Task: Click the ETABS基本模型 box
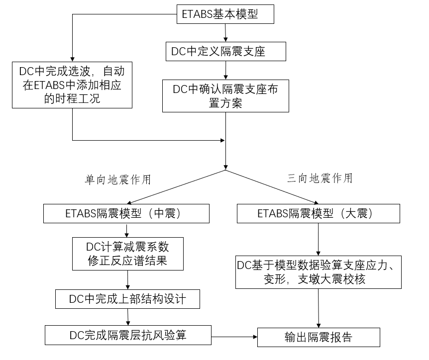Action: [225, 14]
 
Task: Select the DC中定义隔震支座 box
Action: [226, 51]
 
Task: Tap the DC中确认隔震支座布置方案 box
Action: [226, 96]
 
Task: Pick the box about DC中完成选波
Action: [72, 85]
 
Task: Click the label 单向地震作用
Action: [117, 180]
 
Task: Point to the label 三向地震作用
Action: [320, 179]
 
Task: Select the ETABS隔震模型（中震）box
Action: [126, 214]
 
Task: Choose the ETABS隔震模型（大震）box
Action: [318, 214]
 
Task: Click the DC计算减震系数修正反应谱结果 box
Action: [128, 253]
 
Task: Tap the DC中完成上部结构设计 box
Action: [127, 299]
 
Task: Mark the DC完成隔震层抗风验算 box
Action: [128, 335]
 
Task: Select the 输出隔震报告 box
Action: [319, 337]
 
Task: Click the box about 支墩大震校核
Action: [318, 272]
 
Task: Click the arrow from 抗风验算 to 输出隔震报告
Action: [234, 336]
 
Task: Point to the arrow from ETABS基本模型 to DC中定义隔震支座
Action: [226, 32]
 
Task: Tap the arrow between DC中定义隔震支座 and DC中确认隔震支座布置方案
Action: [226, 70]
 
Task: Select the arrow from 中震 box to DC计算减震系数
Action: [128, 230]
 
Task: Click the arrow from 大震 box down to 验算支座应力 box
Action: [318, 239]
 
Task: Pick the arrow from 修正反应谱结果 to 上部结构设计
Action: [128, 279]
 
